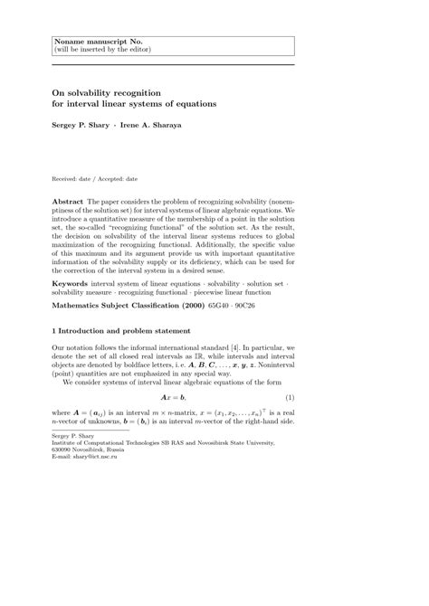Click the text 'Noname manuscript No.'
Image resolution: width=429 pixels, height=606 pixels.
(x=93, y=42)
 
